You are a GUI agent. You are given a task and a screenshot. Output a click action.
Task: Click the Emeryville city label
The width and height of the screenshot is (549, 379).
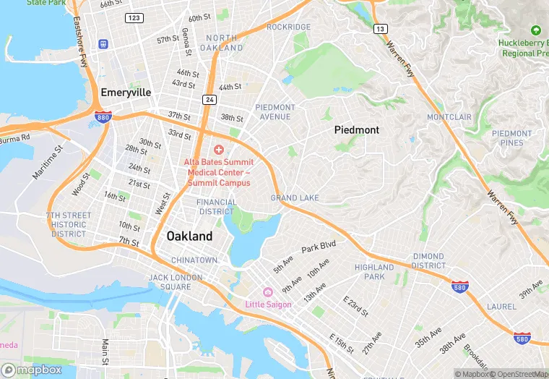tap(126, 93)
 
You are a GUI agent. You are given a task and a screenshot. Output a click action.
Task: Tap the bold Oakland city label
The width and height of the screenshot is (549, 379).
tap(189, 237)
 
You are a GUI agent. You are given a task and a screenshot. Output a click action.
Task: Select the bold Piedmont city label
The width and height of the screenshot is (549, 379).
tap(356, 129)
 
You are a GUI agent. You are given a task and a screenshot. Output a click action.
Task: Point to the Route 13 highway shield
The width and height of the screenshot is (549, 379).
tap(381, 28)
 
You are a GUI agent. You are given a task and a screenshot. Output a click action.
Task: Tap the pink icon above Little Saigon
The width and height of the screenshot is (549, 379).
tap(267, 291)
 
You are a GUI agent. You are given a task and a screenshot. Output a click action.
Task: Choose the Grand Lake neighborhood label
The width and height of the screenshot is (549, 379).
tap(295, 198)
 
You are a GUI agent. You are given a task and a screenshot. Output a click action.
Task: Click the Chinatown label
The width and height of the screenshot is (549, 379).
tap(194, 260)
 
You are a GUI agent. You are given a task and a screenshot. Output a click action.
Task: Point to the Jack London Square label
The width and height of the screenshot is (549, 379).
tap(170, 282)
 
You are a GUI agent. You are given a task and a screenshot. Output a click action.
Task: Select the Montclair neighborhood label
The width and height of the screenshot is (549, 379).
tap(449, 117)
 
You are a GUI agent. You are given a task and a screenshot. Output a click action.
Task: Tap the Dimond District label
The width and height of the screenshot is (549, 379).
tap(428, 261)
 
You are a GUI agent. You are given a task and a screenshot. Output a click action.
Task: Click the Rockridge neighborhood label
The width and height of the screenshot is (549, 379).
tap(288, 27)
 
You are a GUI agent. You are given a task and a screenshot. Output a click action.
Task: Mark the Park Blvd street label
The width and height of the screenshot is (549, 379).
tap(319, 247)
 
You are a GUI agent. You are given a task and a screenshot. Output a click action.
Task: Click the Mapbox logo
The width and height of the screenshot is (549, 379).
tap(32, 370)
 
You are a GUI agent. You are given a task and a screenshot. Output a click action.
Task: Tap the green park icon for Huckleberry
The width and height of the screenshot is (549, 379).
tap(535, 30)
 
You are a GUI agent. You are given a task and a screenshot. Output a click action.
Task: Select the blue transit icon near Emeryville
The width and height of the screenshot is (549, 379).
tap(104, 44)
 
